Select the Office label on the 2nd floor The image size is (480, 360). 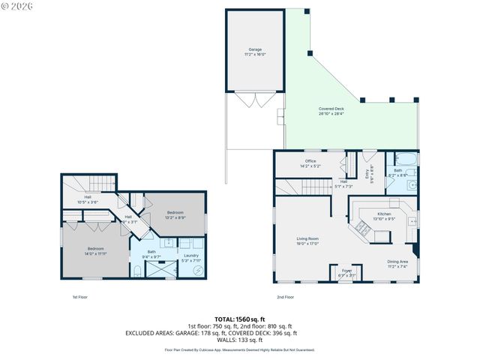pyautogui.click(x=310, y=163)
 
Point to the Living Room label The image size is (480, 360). pyautogui.click(x=308, y=241)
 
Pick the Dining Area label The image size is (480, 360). pyautogui.click(x=397, y=263)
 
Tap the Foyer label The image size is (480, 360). pyautogui.click(x=346, y=273)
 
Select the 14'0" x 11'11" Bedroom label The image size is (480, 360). pyautogui.click(x=95, y=250)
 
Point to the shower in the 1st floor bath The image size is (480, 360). pyautogui.click(x=159, y=269)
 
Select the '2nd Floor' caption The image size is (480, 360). pyautogui.click(x=284, y=298)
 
